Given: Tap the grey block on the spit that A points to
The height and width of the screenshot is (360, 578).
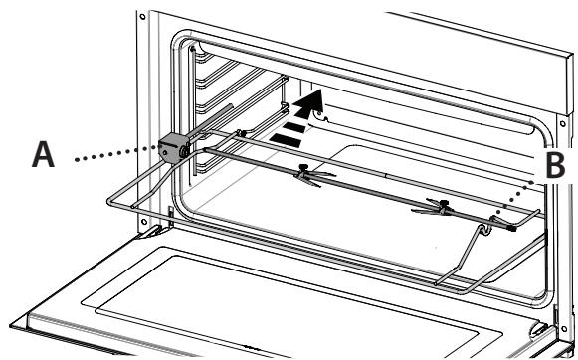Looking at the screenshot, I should click(172, 148).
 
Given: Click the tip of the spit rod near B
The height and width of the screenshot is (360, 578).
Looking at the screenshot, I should click(513, 226).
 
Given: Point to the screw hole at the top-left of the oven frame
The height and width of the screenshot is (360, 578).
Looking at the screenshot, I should click(146, 18).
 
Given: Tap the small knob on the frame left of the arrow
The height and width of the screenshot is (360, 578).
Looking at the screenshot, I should click(242, 130).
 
